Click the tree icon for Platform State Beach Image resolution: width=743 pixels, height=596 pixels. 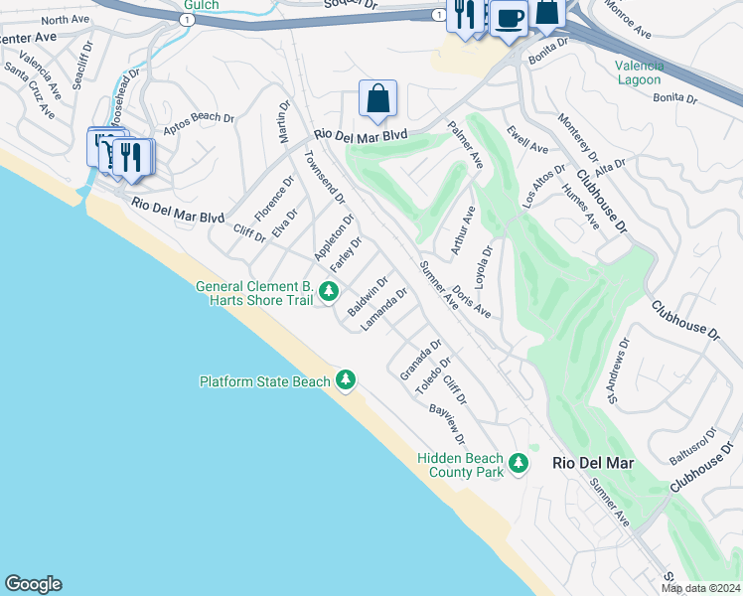[346, 380]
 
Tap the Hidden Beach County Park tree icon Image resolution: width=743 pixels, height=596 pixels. [518, 463]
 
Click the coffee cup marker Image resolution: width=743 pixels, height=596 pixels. [509, 19]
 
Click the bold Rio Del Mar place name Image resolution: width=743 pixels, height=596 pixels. [593, 464]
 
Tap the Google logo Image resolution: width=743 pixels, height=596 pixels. [33, 584]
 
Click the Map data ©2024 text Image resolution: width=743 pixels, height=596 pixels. [700, 588]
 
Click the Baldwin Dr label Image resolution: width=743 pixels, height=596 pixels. [369, 297]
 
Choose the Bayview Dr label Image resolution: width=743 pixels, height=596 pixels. [447, 424]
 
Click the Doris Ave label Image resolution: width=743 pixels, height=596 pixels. [471, 303]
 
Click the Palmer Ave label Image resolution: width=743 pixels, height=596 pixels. [465, 146]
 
